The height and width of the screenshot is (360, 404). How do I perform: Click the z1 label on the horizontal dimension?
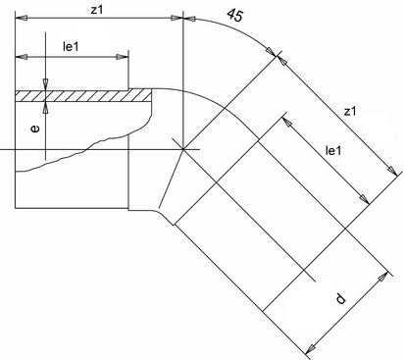(97, 10)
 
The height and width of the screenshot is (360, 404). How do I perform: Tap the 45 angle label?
(235, 15)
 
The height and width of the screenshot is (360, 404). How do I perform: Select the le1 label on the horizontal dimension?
(71, 47)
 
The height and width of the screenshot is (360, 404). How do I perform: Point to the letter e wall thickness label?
(34, 129)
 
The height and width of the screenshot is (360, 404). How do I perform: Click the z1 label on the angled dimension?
(350, 112)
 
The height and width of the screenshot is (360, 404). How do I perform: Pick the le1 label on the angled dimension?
(333, 151)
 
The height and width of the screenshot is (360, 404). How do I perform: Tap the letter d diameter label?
(340, 298)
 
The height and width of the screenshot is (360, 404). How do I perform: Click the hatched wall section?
(83, 96)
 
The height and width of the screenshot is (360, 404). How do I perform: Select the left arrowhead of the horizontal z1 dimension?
(21, 18)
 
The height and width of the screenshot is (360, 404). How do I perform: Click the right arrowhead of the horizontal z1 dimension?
(177, 18)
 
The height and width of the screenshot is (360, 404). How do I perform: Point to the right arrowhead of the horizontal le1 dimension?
(123, 57)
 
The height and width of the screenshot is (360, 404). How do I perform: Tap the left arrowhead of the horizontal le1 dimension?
(21, 57)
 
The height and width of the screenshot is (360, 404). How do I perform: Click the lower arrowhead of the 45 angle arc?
(271, 52)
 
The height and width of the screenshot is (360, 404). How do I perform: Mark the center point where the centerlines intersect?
(183, 149)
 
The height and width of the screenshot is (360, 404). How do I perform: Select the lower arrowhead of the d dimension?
(310, 348)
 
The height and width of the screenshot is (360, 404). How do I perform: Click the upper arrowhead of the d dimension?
(382, 278)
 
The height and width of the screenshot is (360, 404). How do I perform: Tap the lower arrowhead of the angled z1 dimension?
(392, 172)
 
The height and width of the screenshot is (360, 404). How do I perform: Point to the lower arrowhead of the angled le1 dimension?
(364, 199)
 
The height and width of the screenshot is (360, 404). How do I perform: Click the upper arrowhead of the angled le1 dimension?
(286, 122)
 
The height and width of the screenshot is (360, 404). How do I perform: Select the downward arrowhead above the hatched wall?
(45, 84)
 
